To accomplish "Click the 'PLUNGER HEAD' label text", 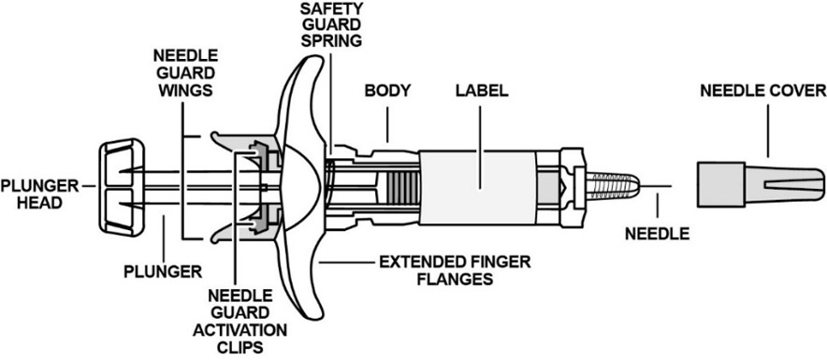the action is point(39,194).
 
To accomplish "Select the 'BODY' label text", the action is point(387,91).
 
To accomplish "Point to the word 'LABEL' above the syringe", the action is point(482,91).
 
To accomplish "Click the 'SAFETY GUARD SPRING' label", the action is point(331,23).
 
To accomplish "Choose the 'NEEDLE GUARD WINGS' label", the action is point(182,72).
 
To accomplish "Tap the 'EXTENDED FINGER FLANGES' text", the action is point(455,270).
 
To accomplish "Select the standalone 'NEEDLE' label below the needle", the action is point(657,233).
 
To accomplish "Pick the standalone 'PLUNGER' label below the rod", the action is point(163,271).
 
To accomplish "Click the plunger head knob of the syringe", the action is point(123,187).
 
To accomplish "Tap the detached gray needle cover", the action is point(761,185).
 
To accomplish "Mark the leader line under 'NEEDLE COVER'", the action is point(767,131).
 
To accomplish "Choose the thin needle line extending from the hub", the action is point(656,186).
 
